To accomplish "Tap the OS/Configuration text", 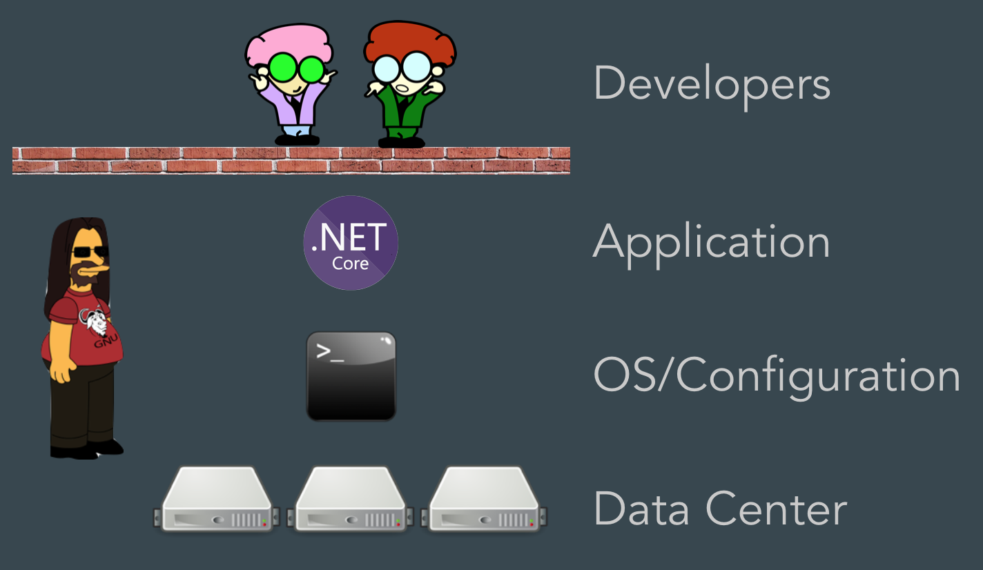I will coord(777,377).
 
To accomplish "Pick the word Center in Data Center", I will coord(776,509).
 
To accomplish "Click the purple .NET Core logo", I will coord(351,242).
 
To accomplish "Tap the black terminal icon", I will coord(351,376).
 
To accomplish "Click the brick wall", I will coord(291,160).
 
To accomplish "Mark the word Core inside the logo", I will coord(350,264).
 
